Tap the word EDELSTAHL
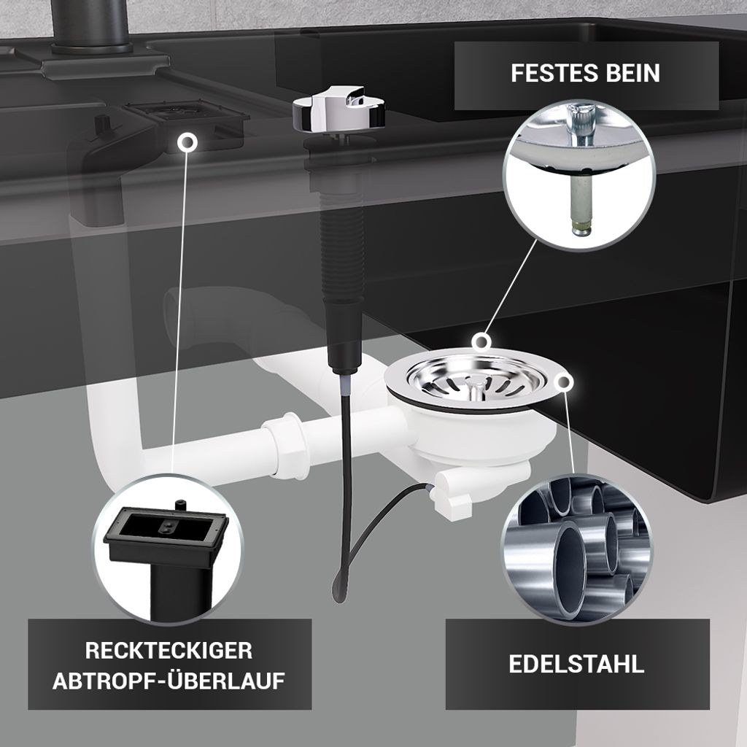pyautogui.click(x=576, y=664)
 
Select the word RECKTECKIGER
pyautogui.click(x=169, y=651)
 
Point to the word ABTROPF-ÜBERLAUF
pyautogui.click(x=169, y=681)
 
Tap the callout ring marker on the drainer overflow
pyautogui.click(x=187, y=142)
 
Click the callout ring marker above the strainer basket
pyautogui.click(x=482, y=341)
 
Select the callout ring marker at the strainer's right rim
pyautogui.click(x=564, y=382)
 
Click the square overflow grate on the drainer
pyautogui.click(x=189, y=114)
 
